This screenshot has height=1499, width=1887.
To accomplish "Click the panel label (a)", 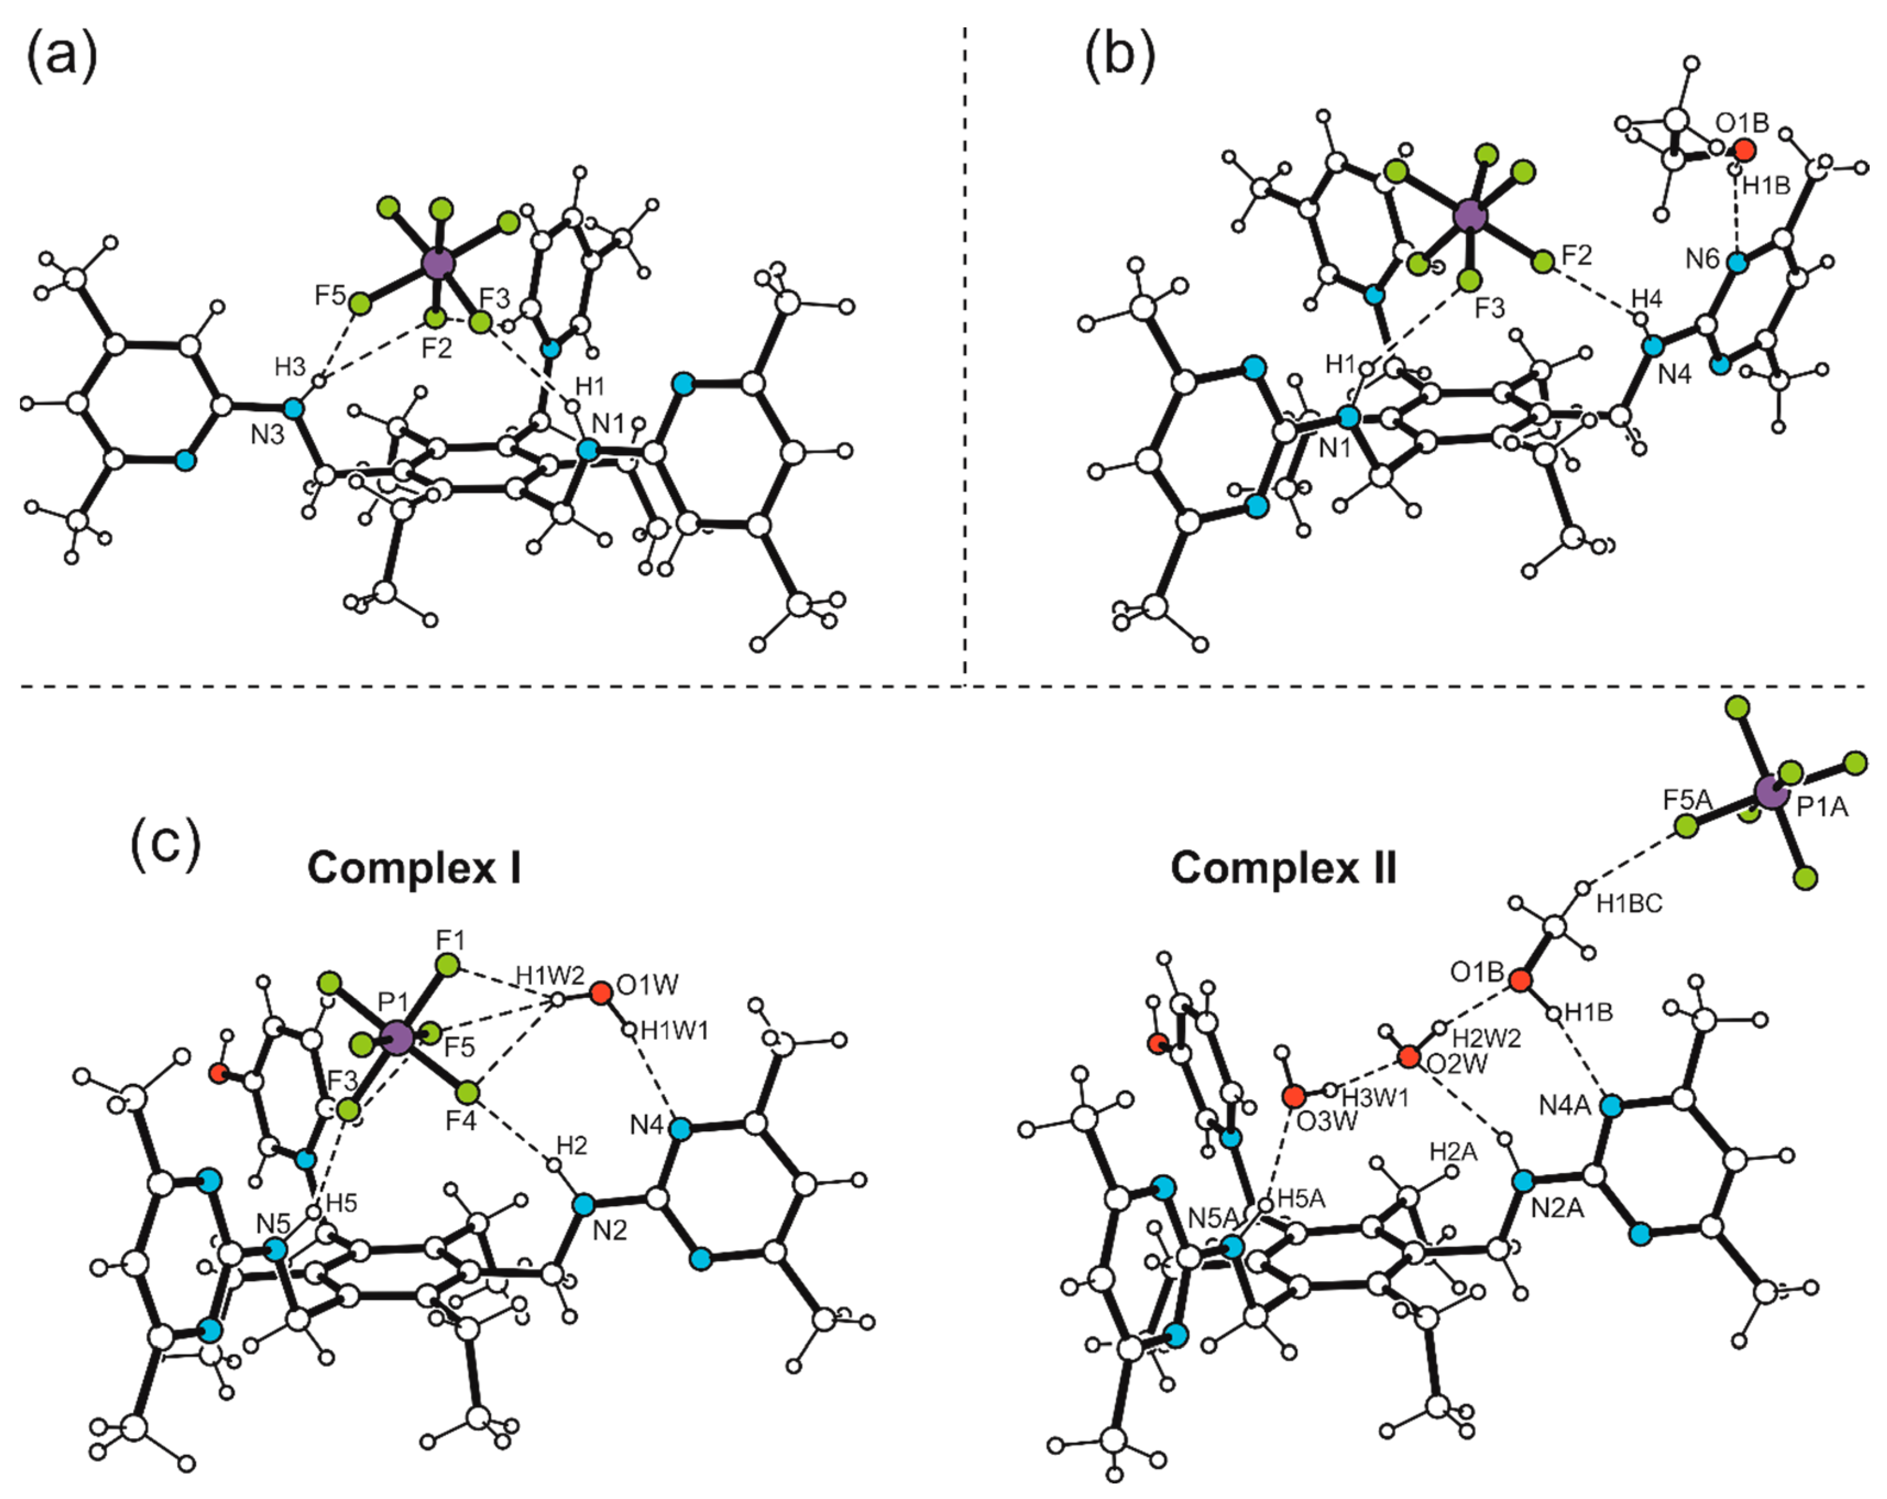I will pos(61,57).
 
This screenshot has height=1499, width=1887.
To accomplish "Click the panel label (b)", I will pos(1120,57).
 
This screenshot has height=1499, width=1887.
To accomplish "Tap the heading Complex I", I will pos(414,868).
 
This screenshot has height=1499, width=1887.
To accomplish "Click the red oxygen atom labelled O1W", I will pos(600,993).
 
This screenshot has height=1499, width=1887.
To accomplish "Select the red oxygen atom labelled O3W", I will pos(1293,1095).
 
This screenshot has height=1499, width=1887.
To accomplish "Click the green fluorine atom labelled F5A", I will pos(1685,826).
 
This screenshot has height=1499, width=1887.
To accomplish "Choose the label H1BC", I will pos(1629,903).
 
